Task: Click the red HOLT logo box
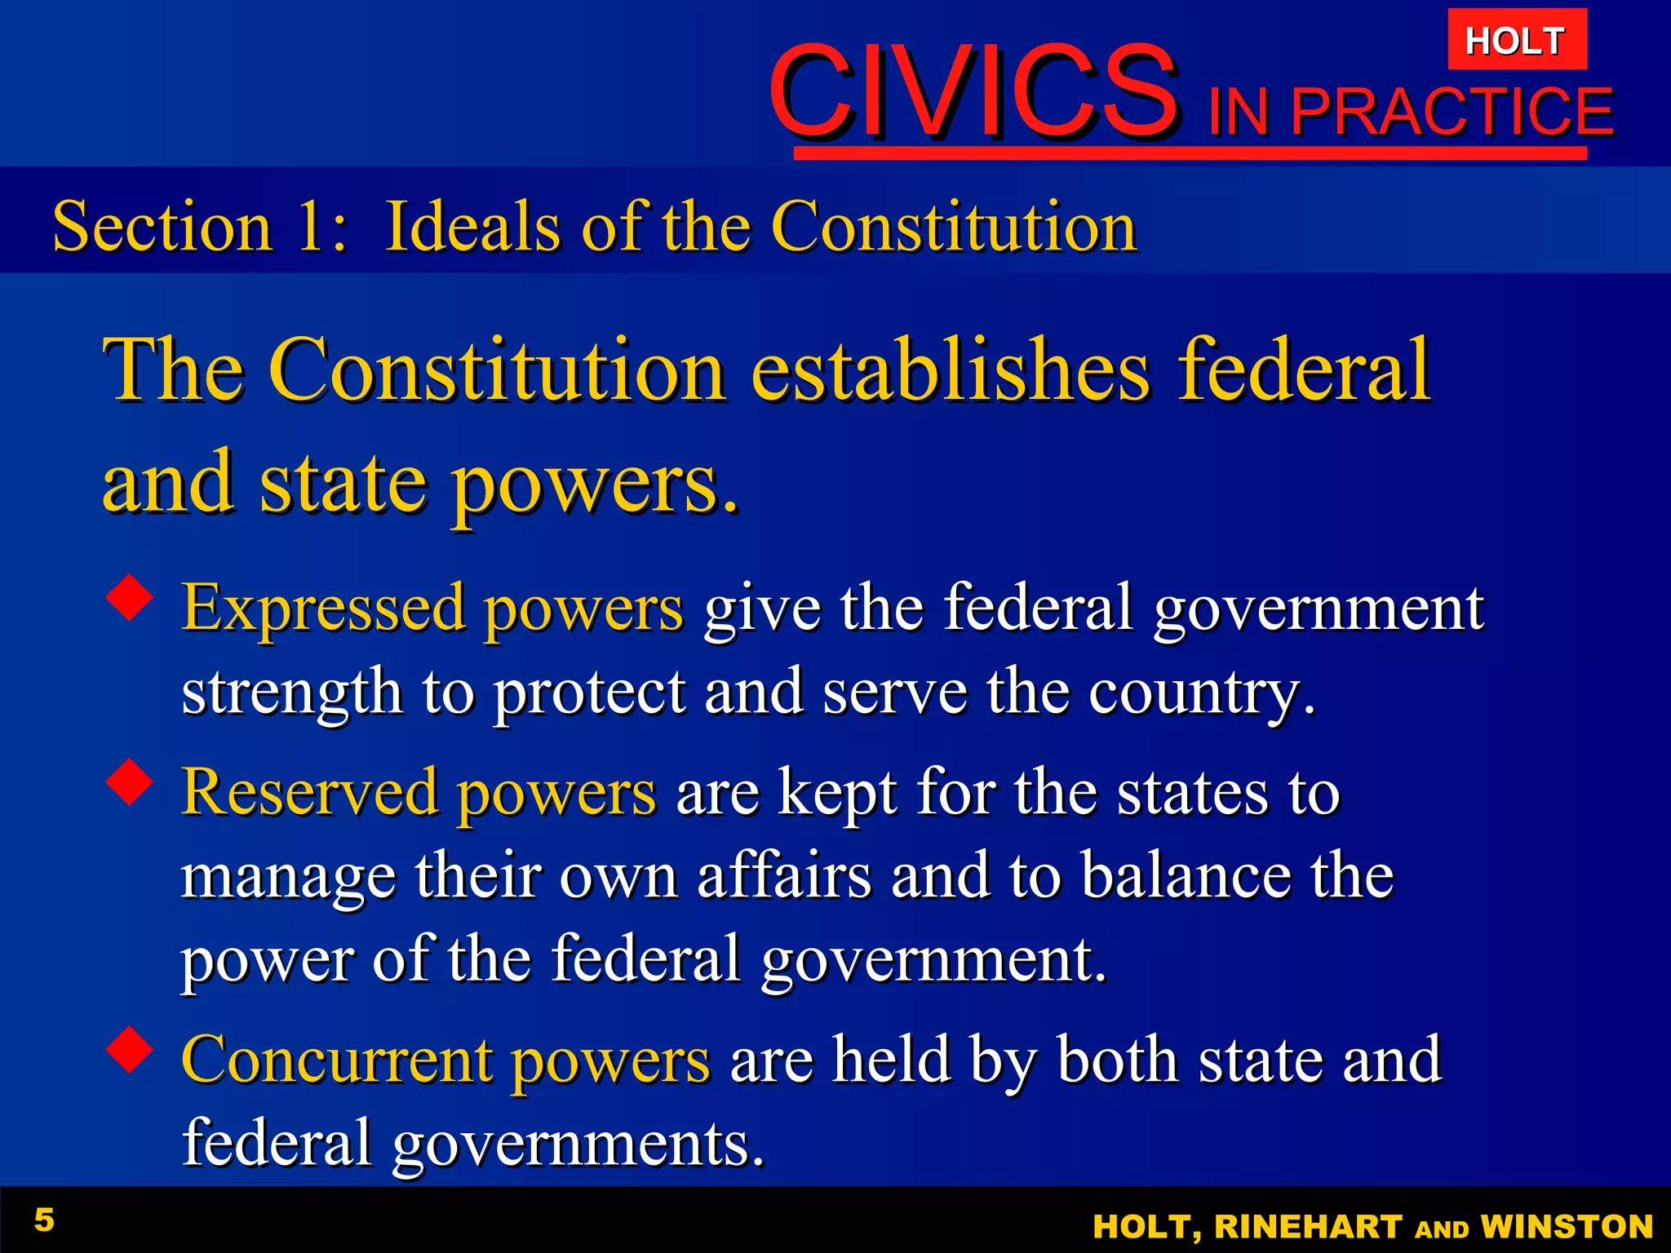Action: (x=1517, y=40)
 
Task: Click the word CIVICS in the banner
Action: (x=973, y=91)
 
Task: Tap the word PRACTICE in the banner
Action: (x=1452, y=112)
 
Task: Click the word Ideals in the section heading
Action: (x=472, y=227)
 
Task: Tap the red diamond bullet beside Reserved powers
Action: (x=130, y=782)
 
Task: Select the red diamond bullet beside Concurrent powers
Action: (x=130, y=1049)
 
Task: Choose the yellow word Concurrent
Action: (x=336, y=1060)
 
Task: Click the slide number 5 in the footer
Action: (x=44, y=1220)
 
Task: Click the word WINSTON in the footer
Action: (x=1567, y=1227)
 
